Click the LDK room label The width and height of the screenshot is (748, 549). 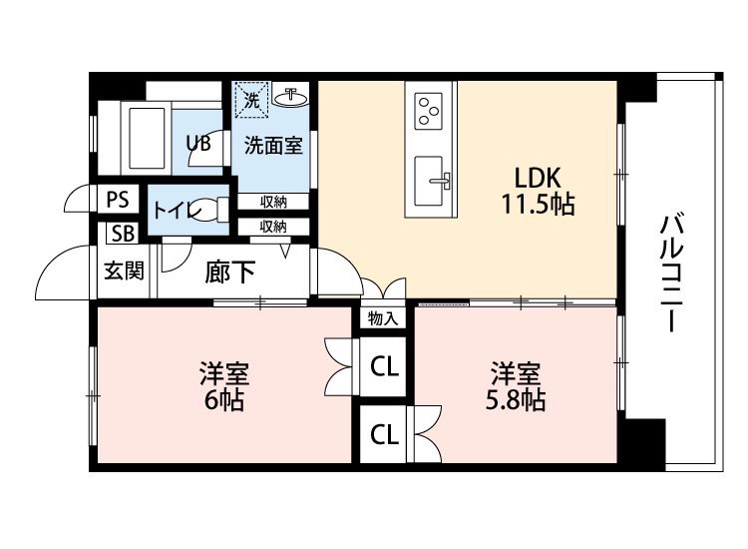(x=538, y=178)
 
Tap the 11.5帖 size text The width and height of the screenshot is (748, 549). (x=538, y=204)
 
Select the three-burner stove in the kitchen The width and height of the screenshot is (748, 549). (x=428, y=111)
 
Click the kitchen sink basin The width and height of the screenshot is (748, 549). (x=428, y=181)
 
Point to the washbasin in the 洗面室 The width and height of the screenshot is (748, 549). (x=291, y=98)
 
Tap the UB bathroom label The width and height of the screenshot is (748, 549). (x=198, y=143)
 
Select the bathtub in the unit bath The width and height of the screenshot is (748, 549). (x=148, y=139)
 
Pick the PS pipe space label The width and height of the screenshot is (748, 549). (x=118, y=199)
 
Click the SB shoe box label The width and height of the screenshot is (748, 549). (x=123, y=234)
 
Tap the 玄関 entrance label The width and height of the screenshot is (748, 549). (x=124, y=272)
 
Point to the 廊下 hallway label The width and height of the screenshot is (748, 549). (x=230, y=273)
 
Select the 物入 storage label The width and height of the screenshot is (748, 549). (x=383, y=318)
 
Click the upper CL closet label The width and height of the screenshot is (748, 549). (x=384, y=366)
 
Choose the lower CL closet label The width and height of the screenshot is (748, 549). (x=384, y=434)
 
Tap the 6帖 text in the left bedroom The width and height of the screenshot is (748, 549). (x=224, y=400)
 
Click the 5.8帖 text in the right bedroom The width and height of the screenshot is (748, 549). (x=516, y=400)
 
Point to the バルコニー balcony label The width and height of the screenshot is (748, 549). (x=671, y=274)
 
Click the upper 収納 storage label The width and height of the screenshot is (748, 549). (x=273, y=202)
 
